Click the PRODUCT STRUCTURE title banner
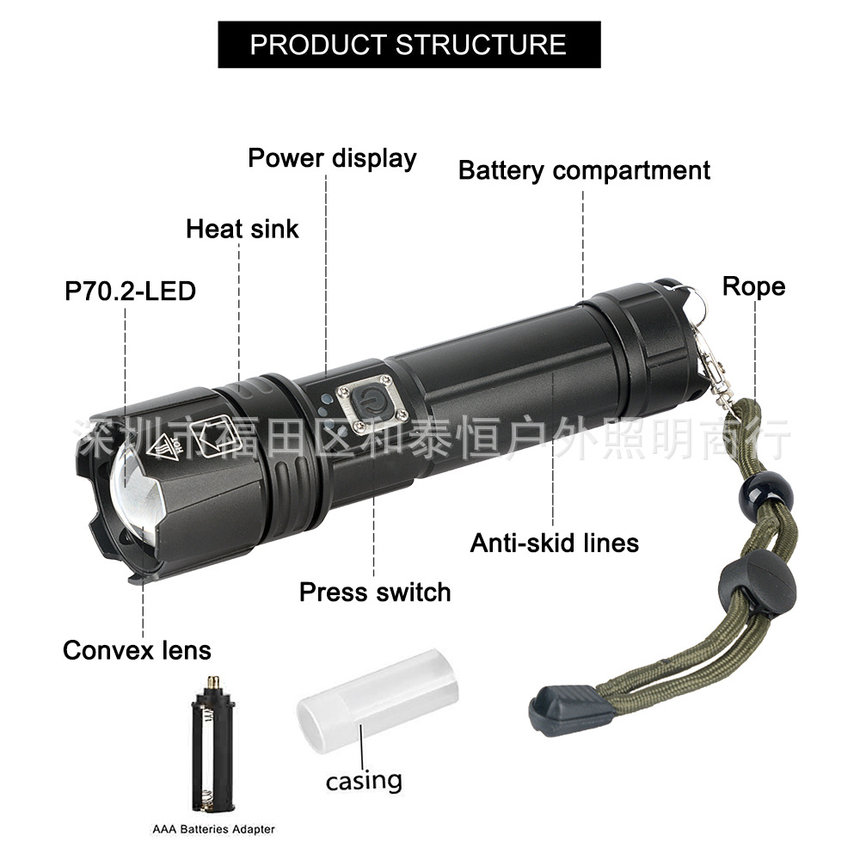click(408, 44)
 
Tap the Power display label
click(332, 158)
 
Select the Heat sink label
click(243, 229)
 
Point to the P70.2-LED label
click(131, 291)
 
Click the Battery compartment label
click(584, 170)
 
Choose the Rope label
click(753, 286)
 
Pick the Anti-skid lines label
click(554, 543)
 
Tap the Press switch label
click(375, 592)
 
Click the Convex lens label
click(137, 650)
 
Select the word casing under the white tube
click(364, 780)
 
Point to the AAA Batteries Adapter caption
click(214, 829)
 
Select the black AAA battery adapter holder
click(212, 743)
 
